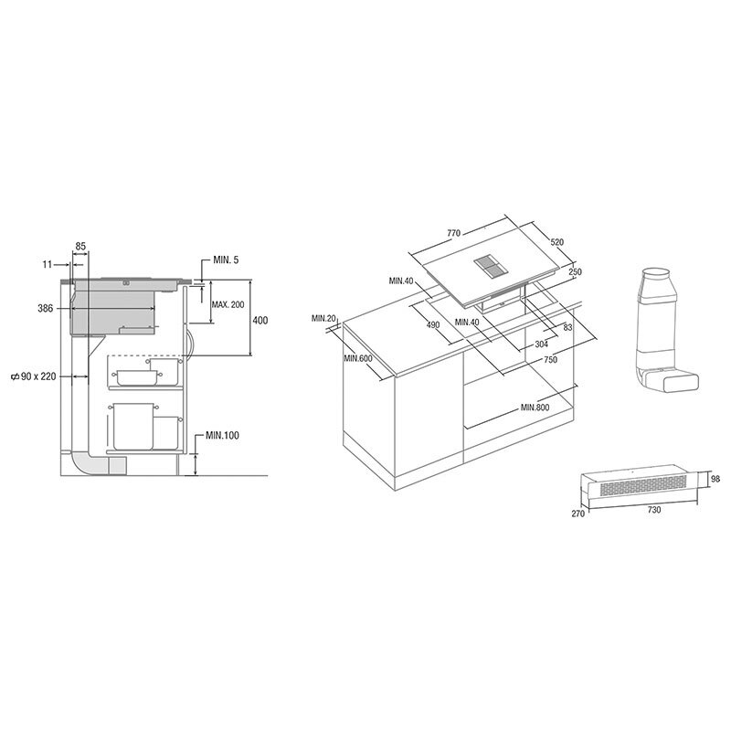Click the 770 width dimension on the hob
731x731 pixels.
coord(453,234)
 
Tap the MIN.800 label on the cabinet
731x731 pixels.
coord(535,407)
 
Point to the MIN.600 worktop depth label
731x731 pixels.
coord(358,358)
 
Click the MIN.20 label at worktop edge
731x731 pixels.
coord(323,318)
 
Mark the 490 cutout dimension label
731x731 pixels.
coord(432,325)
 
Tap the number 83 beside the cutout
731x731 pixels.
coord(567,327)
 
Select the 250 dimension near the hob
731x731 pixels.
coord(574,272)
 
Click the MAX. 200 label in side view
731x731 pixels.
coord(228,304)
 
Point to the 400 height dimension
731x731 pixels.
coord(261,320)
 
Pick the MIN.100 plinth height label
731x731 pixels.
coord(222,435)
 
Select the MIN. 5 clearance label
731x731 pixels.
coord(226,261)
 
